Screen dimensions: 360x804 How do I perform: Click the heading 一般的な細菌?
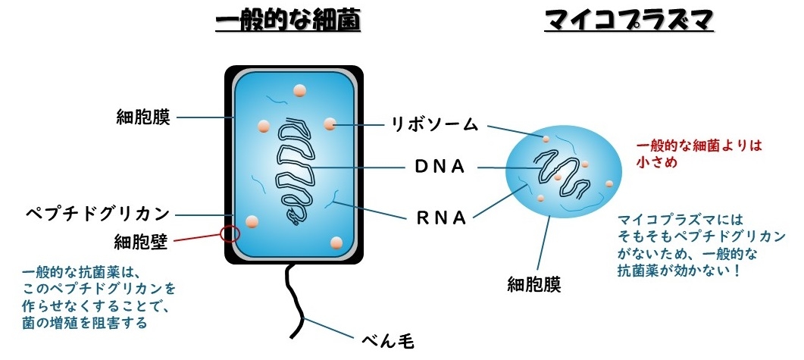point(288,22)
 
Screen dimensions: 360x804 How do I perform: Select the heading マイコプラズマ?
point(629,22)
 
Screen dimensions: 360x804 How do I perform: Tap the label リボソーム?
point(435,124)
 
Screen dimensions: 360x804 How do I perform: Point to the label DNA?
point(440,167)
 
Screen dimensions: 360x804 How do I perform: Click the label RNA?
point(440,218)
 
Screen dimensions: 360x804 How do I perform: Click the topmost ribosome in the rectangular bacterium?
point(300,92)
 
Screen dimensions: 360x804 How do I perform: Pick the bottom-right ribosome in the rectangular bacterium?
point(333,243)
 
